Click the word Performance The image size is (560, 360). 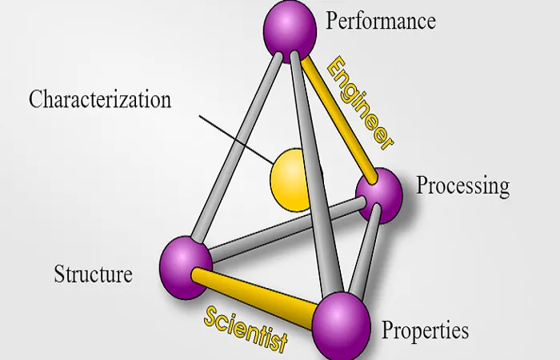[380, 21]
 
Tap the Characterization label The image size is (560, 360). [100, 99]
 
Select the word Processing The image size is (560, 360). [463, 186]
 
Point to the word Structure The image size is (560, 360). [94, 274]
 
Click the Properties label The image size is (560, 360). [425, 330]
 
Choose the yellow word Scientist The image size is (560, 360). [246, 330]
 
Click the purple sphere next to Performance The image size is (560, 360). [290, 31]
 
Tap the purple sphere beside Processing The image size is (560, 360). [379, 196]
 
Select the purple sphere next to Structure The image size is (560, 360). [186, 267]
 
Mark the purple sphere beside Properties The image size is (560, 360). [341, 326]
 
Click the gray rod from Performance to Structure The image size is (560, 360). [237, 146]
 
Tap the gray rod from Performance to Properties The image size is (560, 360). [317, 175]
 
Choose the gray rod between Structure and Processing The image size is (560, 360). [287, 230]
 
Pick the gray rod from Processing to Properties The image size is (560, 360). [364, 250]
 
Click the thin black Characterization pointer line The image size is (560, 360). [237, 140]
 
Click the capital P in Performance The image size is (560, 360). [331, 20]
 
